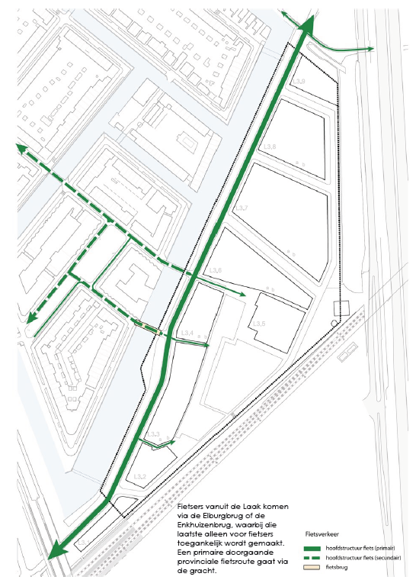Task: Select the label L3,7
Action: click(242, 208)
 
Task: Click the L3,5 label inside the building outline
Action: click(261, 324)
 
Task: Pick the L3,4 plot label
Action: click(187, 333)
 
